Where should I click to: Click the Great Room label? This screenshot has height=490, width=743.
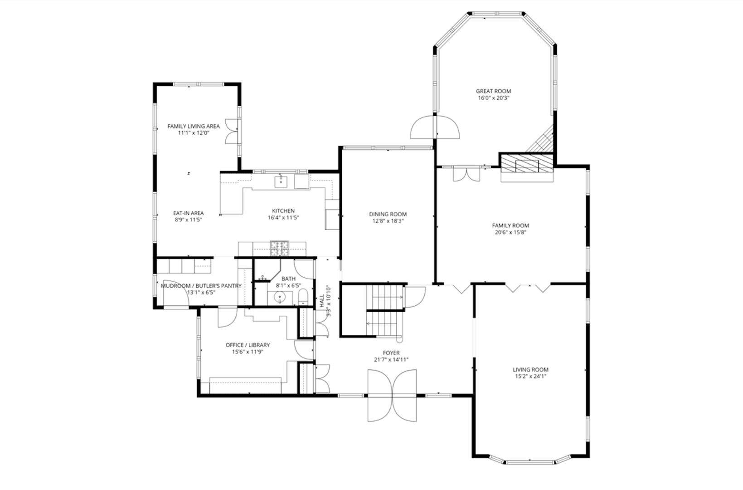tap(493, 91)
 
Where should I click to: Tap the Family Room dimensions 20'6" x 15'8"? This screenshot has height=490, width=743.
tap(510, 232)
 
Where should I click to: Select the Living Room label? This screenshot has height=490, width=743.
tap(530, 369)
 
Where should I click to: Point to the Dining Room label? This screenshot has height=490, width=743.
tap(388, 214)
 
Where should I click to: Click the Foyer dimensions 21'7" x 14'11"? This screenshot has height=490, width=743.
tap(391, 360)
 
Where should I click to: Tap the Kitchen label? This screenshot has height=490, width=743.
tap(283, 211)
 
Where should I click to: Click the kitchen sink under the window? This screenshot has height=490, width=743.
tap(281, 181)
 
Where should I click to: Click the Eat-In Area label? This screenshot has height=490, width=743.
tap(189, 213)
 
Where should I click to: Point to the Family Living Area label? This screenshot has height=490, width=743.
tap(194, 126)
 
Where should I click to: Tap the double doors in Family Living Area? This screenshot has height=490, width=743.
tap(232, 132)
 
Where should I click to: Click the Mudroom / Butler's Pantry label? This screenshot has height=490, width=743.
tap(201, 286)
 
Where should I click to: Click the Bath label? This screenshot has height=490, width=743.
tap(288, 279)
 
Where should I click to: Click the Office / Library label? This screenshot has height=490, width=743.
tap(248, 345)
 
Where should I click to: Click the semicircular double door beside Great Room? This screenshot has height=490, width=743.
tap(435, 128)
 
